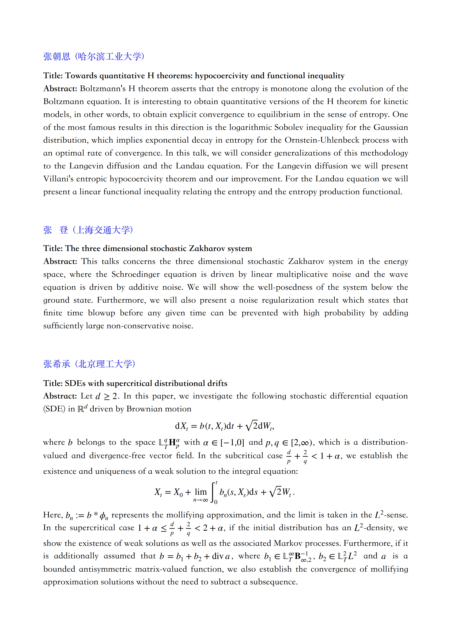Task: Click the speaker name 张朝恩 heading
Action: pyautogui.click(x=57, y=56)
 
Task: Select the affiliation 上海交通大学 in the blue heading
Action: pyautogui.click(x=103, y=230)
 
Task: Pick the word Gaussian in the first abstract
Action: pyautogui.click(x=390, y=127)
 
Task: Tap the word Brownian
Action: pyautogui.click(x=144, y=409)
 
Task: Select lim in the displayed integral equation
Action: pyautogui.click(x=200, y=492)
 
